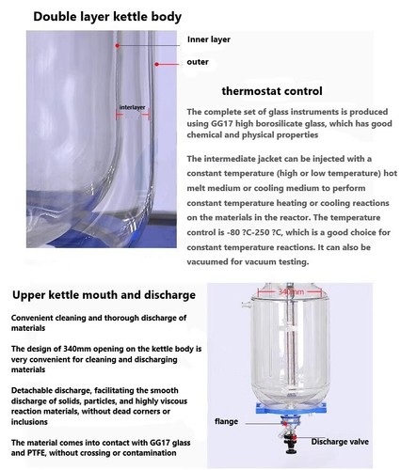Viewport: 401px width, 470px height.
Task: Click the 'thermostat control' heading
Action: click(271, 91)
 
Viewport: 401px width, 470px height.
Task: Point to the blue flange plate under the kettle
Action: click(297, 415)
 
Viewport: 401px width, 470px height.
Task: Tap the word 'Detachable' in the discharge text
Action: click(37, 388)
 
